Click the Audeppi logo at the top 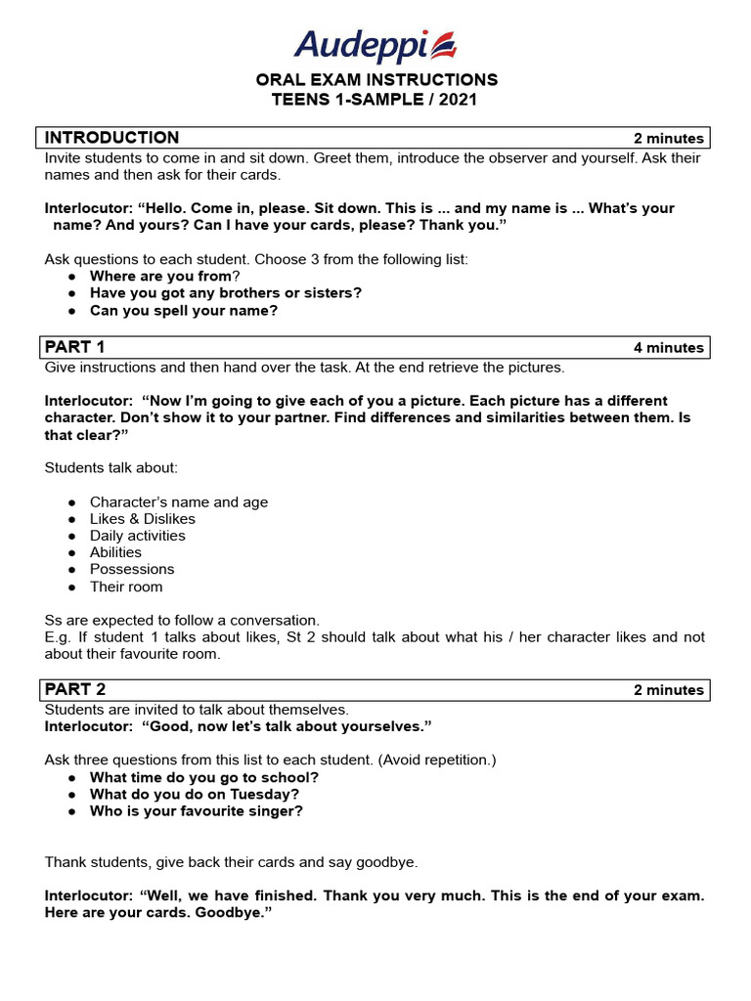click(x=375, y=45)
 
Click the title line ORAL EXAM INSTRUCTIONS click(x=376, y=79)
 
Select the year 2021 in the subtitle click(x=458, y=100)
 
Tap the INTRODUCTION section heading click(x=112, y=138)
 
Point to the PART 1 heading click(x=75, y=347)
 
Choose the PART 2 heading click(x=75, y=689)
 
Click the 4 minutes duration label click(x=668, y=348)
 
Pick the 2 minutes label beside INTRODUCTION click(x=668, y=139)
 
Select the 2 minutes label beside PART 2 click(x=668, y=690)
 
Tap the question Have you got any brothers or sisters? click(x=226, y=293)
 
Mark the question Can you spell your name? click(x=184, y=311)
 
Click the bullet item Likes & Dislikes click(x=143, y=519)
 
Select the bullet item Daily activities click(x=138, y=536)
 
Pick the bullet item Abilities click(x=115, y=552)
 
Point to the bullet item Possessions click(x=132, y=569)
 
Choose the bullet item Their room click(x=126, y=587)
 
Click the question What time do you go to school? click(x=204, y=777)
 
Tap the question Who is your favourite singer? click(x=197, y=811)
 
